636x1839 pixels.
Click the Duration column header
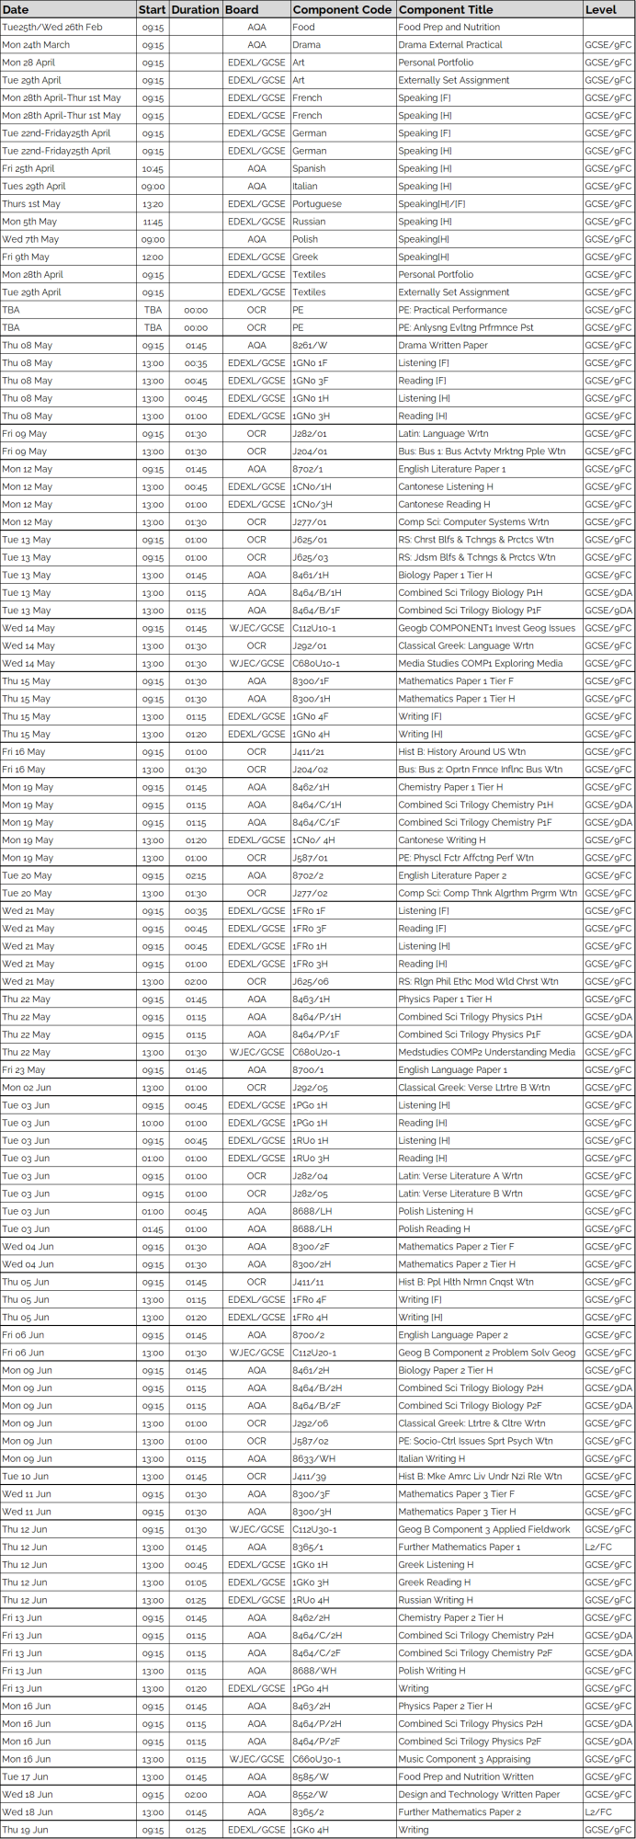(x=196, y=9)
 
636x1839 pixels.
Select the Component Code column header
(x=342, y=9)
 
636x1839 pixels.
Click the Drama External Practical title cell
(x=450, y=44)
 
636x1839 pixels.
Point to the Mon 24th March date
(x=36, y=44)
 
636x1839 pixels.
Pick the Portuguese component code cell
(x=317, y=204)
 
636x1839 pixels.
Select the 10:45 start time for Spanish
(x=153, y=168)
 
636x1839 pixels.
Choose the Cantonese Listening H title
(x=446, y=486)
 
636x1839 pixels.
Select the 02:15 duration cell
(x=196, y=875)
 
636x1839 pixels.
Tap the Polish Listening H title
(x=436, y=1211)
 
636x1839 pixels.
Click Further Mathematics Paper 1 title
(x=460, y=1547)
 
